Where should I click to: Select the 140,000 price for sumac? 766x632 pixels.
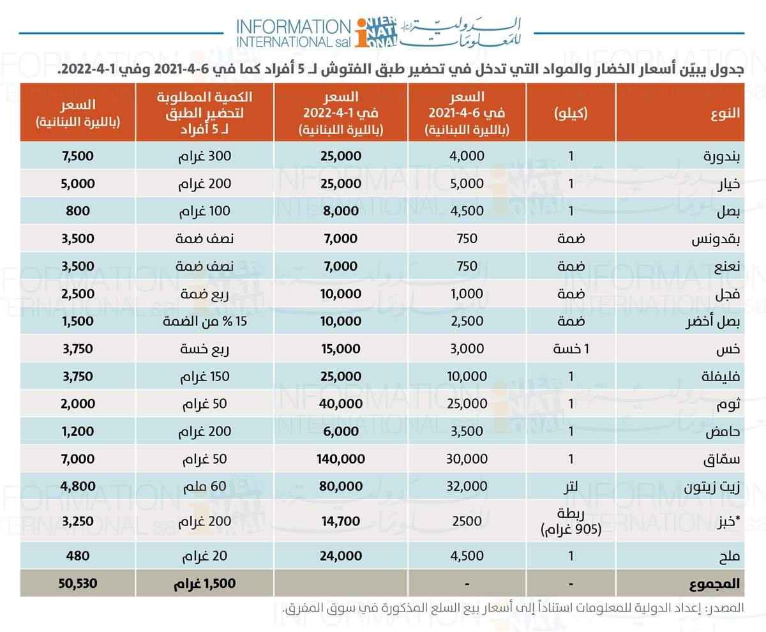pyautogui.click(x=341, y=458)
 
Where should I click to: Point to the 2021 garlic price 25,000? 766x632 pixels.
pyautogui.click(x=467, y=403)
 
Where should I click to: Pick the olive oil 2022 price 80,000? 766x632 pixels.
pyautogui.click(x=341, y=486)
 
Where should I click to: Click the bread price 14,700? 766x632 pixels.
pyautogui.click(x=341, y=520)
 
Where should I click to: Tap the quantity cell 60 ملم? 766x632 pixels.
pyautogui.click(x=205, y=486)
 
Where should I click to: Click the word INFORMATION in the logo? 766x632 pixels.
pyautogui.click(x=292, y=26)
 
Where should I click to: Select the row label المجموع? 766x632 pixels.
pyautogui.click(x=715, y=583)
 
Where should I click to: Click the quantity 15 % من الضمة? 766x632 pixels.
pyautogui.click(x=205, y=321)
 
